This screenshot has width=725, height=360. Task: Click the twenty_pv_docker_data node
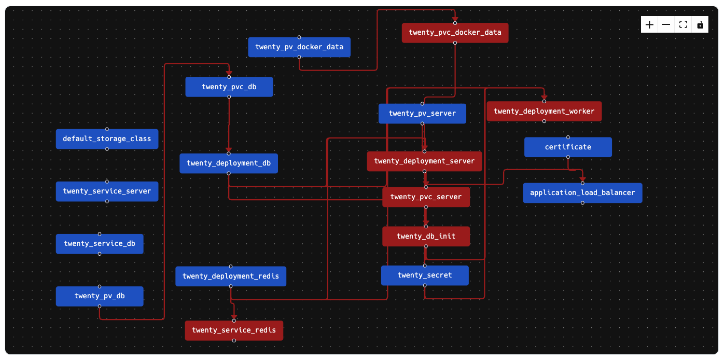[299, 47]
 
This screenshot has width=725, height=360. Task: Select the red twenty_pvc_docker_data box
[455, 33]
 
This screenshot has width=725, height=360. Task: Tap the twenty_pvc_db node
[229, 87]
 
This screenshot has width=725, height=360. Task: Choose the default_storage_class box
[107, 139]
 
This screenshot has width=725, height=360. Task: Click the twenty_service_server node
[107, 191]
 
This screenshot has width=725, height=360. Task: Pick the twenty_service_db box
[100, 244]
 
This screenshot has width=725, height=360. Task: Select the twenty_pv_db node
[100, 296]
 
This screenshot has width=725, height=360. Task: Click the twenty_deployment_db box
[229, 163]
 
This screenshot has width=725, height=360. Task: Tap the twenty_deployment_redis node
[231, 276]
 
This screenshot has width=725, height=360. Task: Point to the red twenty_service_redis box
[234, 330]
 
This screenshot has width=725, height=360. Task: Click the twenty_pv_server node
[422, 114]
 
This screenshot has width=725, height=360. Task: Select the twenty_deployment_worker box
[544, 112]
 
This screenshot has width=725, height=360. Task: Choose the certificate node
[568, 147]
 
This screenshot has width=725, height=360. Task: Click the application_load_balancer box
[582, 193]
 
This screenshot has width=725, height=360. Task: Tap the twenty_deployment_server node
[424, 161]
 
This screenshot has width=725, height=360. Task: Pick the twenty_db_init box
[426, 237]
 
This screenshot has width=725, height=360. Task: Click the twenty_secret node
[425, 275]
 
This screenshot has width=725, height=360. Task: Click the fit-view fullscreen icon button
[683, 25]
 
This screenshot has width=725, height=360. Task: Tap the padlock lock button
[700, 25]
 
